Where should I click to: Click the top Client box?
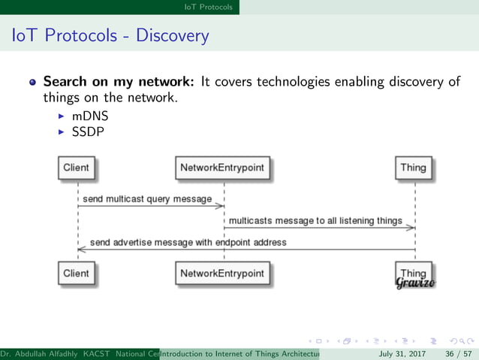click(x=76, y=168)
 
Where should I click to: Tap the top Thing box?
click(x=413, y=168)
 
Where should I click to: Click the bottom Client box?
click(x=76, y=274)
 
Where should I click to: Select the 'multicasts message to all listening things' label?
click(x=315, y=221)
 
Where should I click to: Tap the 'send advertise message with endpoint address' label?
click(x=188, y=243)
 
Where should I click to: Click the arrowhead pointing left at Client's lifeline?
click(x=81, y=250)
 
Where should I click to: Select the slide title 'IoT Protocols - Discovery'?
click(x=107, y=35)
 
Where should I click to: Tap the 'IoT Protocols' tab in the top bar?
click(x=209, y=7)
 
